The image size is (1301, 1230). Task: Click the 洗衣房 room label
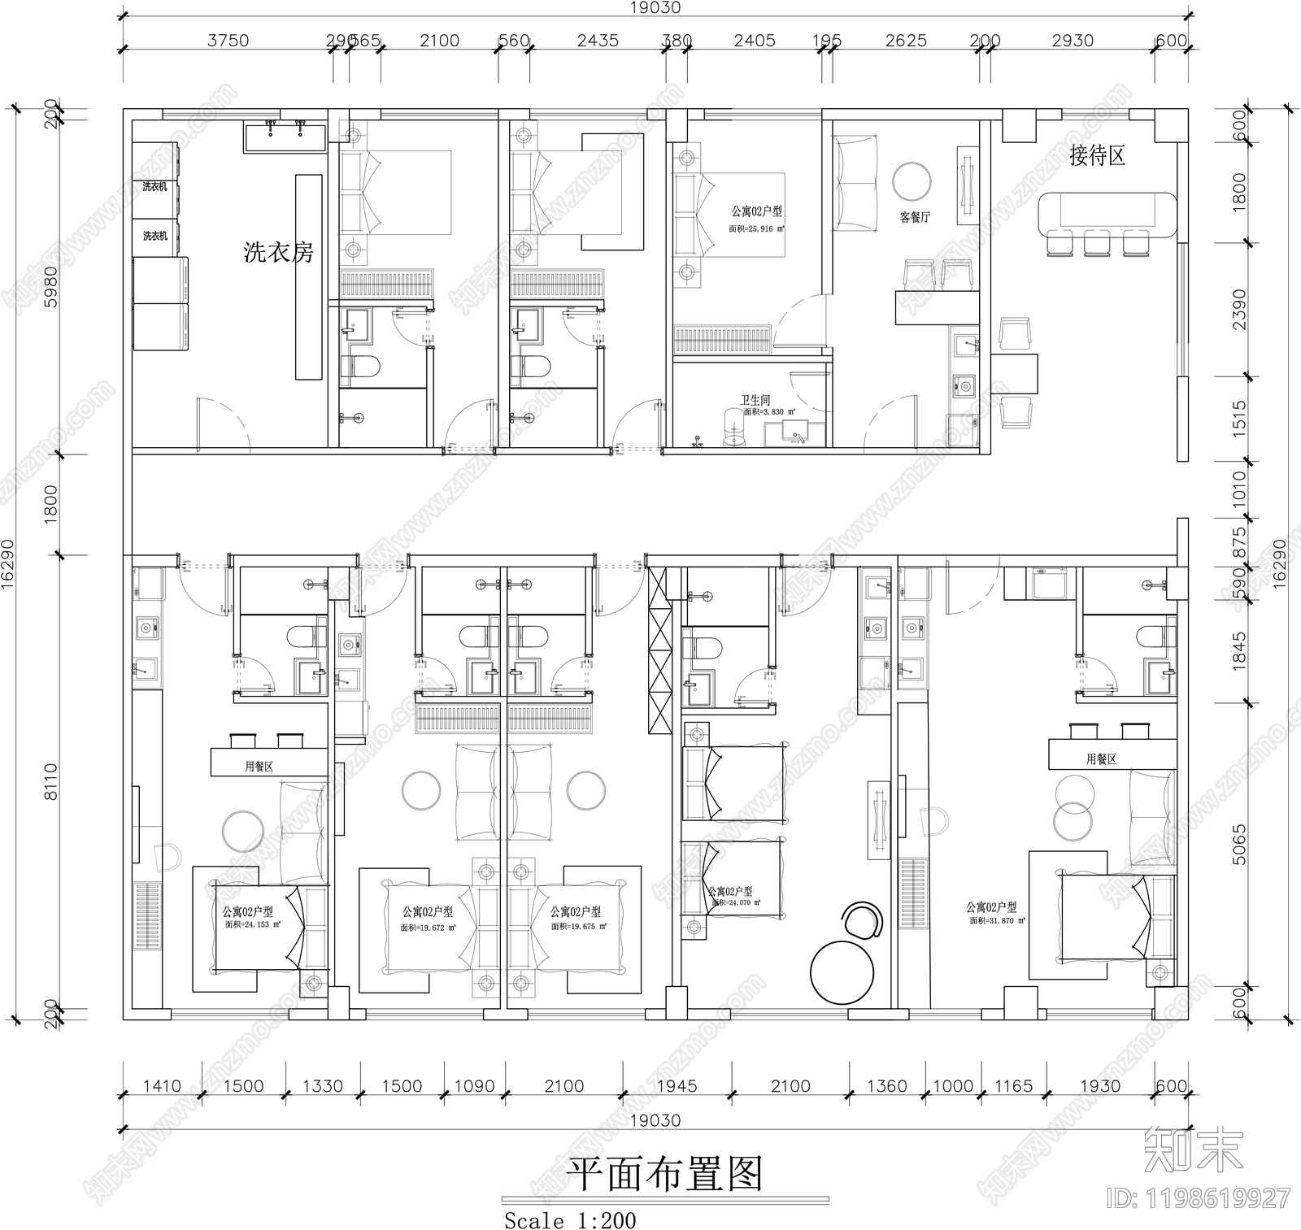[x=279, y=253]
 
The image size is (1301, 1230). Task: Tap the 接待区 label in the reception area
[x=1097, y=155]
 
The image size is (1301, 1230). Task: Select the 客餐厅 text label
[x=915, y=218]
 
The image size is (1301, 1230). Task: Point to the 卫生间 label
[x=755, y=401]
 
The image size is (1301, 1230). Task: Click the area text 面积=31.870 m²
[x=997, y=921]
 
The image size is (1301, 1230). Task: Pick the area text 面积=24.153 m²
[x=253, y=924]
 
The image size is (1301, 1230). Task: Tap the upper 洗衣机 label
[x=154, y=187]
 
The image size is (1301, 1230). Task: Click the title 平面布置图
[x=664, y=1174]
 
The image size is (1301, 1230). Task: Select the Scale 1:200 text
[x=570, y=1221]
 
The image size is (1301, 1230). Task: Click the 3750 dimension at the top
[x=228, y=41]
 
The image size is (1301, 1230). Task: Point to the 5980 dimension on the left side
[x=50, y=286]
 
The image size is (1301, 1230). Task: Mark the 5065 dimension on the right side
[x=1238, y=845]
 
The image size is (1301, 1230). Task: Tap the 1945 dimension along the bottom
[x=676, y=1086]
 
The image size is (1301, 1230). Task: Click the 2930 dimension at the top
[x=1072, y=41]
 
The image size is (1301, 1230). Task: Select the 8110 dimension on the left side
[x=50, y=782]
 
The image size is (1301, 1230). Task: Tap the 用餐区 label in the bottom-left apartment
[x=259, y=767]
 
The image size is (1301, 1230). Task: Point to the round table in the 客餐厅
[x=912, y=182]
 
